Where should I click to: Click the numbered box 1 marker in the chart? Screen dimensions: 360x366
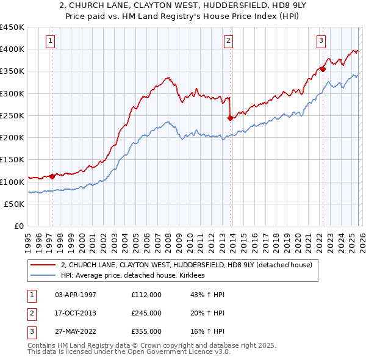tap(51, 41)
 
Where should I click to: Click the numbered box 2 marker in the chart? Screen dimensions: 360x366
tap(228, 41)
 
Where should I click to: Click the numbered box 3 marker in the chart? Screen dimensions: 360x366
tap(321, 41)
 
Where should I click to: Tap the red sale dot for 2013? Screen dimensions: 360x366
tap(230, 118)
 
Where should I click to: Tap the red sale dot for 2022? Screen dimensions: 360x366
tap(323, 70)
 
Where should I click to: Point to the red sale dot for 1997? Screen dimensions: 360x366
tap(52, 176)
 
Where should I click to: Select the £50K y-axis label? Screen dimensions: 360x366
tap(14, 204)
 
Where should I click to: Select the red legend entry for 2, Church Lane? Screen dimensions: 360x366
tap(186, 265)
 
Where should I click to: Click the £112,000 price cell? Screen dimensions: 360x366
tap(146, 295)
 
